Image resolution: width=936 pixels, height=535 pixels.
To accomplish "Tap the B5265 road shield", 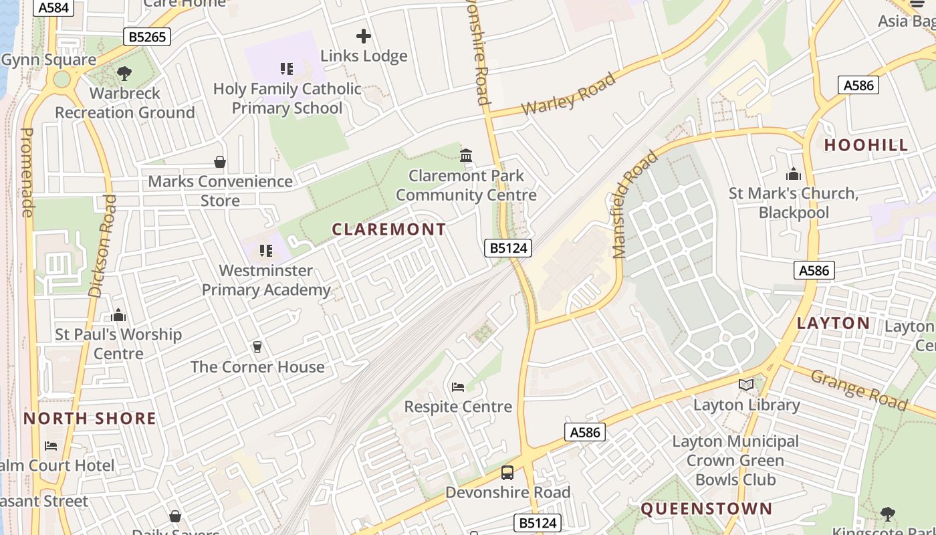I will [147, 37].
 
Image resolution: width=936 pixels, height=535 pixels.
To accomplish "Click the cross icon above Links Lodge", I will [364, 36].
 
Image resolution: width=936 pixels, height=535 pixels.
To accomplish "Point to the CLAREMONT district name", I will [389, 229].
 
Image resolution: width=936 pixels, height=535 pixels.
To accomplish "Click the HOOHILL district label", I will [866, 145].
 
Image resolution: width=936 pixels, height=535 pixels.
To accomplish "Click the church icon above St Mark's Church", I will [794, 174].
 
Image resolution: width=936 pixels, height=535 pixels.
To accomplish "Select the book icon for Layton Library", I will [746, 385].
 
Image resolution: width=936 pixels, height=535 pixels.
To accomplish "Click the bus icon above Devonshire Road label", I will [507, 473].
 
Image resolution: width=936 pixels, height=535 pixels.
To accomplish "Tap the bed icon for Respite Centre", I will [458, 387].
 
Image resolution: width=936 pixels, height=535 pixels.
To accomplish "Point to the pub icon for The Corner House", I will [257, 346].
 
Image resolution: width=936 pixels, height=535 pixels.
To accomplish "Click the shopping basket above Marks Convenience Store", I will [219, 162].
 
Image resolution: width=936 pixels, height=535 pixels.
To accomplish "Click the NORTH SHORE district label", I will [90, 419].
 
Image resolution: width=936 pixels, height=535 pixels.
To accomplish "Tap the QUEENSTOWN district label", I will [707, 509].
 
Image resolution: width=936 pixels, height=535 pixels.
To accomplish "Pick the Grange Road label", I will [858, 389].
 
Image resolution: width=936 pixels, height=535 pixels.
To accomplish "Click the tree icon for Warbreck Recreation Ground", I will [124, 73].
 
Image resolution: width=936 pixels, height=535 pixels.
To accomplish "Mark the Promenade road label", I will [27, 172].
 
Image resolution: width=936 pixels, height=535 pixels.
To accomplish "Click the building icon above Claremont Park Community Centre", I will [466, 156].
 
